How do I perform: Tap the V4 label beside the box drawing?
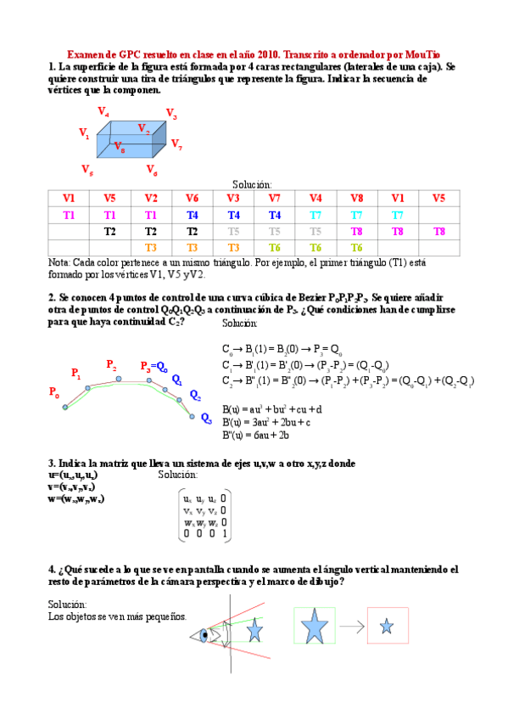(x=103, y=112)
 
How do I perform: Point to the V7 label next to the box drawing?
(x=176, y=144)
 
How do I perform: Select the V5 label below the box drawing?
(x=87, y=169)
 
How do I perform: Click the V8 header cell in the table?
(x=356, y=199)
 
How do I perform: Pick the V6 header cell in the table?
(x=192, y=199)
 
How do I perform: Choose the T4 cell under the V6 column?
(x=192, y=215)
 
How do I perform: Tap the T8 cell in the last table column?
(x=438, y=231)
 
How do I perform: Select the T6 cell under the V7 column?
(x=274, y=247)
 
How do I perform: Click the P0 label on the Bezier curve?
(x=54, y=393)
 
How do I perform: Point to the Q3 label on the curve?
(x=206, y=418)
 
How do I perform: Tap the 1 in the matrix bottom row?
(x=223, y=535)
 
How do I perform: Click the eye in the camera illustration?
(x=204, y=633)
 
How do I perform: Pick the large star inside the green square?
(x=314, y=627)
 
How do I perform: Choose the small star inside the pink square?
(x=387, y=627)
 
